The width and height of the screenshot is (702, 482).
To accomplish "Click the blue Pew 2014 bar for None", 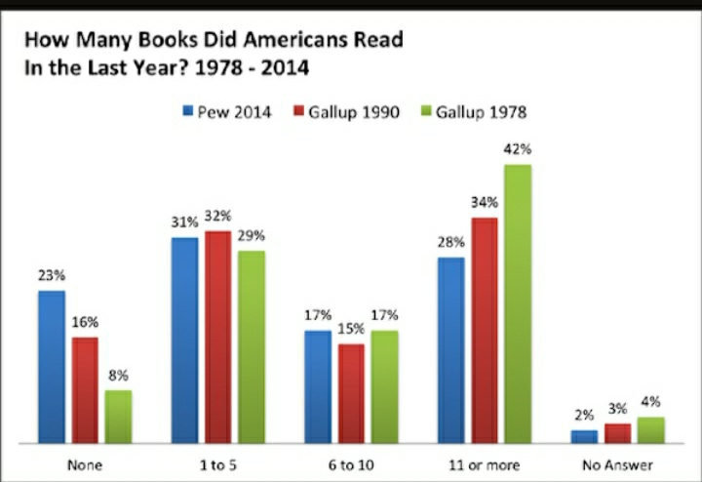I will [52, 366].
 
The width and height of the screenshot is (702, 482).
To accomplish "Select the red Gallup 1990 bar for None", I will [85, 389].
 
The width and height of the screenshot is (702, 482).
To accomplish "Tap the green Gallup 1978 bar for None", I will [118, 416].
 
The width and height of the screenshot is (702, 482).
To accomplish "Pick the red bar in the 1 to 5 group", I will [218, 337].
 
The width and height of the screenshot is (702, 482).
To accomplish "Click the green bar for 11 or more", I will [518, 302].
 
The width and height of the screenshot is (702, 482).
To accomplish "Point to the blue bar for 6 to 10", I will [318, 385].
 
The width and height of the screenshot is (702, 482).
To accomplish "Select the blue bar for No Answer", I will [584, 436].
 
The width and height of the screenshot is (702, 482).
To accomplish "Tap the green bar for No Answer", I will [650, 429].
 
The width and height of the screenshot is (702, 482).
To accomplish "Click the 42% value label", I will [518, 149].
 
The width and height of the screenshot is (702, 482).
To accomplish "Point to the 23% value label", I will [52, 275].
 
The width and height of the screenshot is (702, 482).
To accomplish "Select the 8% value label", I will [119, 375].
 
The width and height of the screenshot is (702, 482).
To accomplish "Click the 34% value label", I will [485, 202].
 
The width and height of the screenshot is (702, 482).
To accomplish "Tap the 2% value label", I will [584, 415].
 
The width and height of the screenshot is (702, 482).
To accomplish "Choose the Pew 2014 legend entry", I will [228, 111].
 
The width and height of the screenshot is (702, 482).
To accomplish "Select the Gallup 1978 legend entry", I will [472, 111].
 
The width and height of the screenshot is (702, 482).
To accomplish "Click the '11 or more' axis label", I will [485, 464].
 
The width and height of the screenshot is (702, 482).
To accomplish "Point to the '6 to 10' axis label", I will [352, 464].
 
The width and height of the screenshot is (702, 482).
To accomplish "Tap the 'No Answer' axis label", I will [617, 464].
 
